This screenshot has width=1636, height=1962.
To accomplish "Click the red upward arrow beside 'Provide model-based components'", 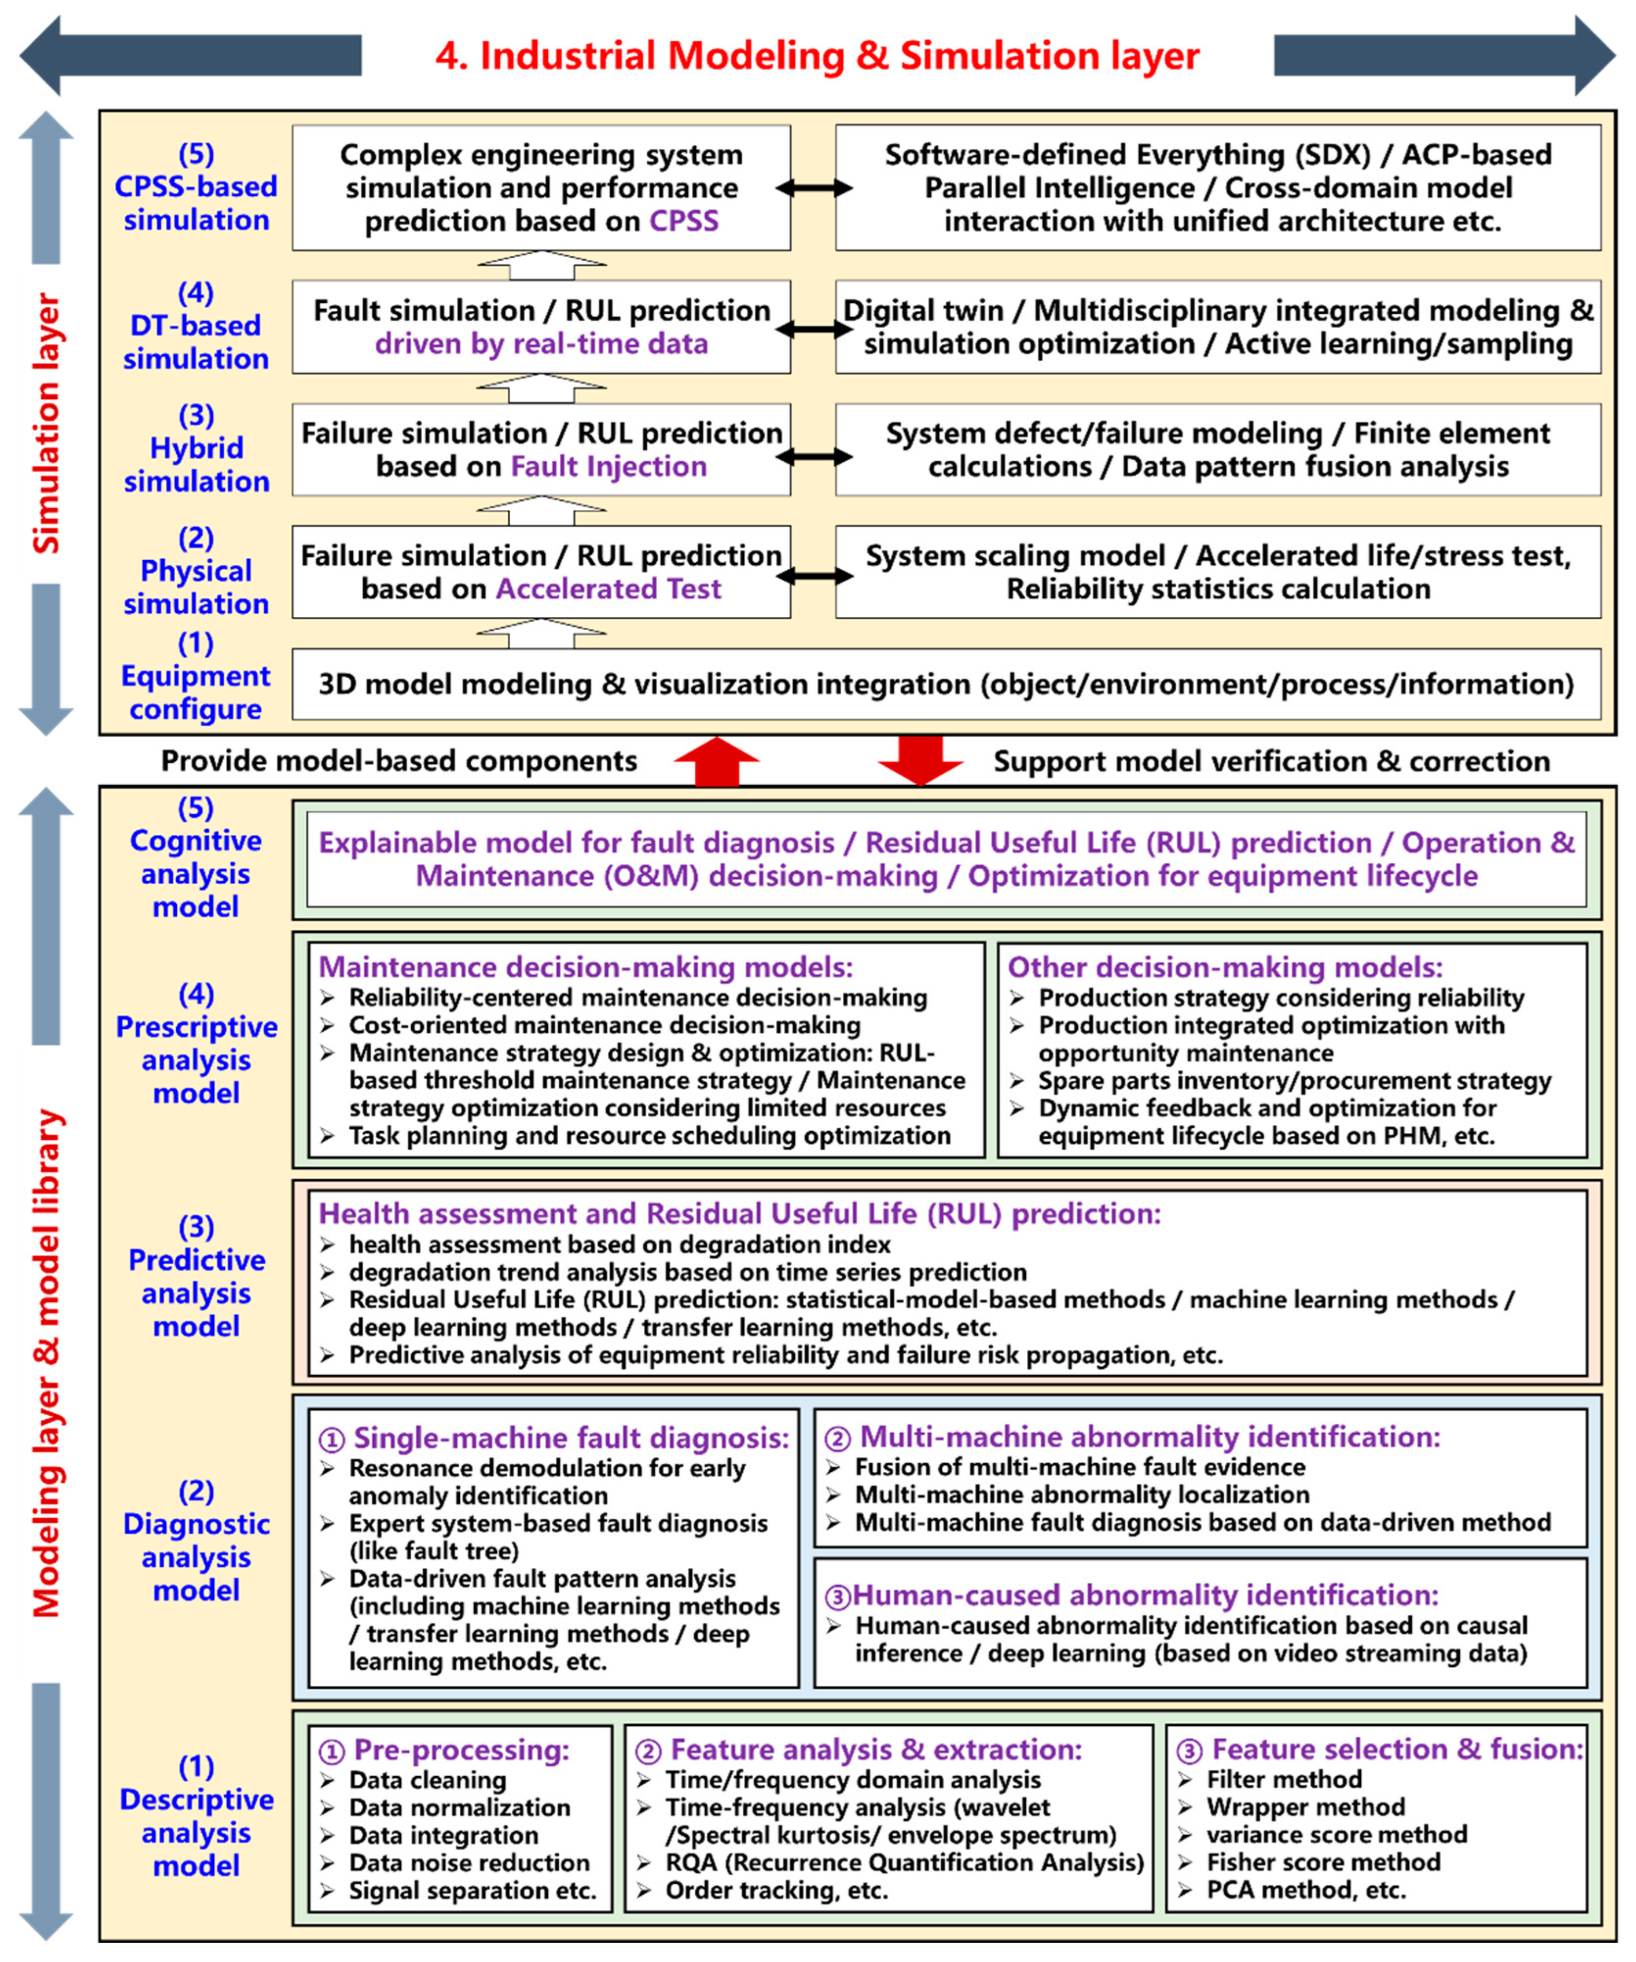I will coord(716,761).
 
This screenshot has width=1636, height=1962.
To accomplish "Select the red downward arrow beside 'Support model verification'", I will coord(920,759).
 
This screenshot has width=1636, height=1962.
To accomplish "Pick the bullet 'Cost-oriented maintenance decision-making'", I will coord(605,1025).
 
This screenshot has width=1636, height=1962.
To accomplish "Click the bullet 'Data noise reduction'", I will coord(469,1862).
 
